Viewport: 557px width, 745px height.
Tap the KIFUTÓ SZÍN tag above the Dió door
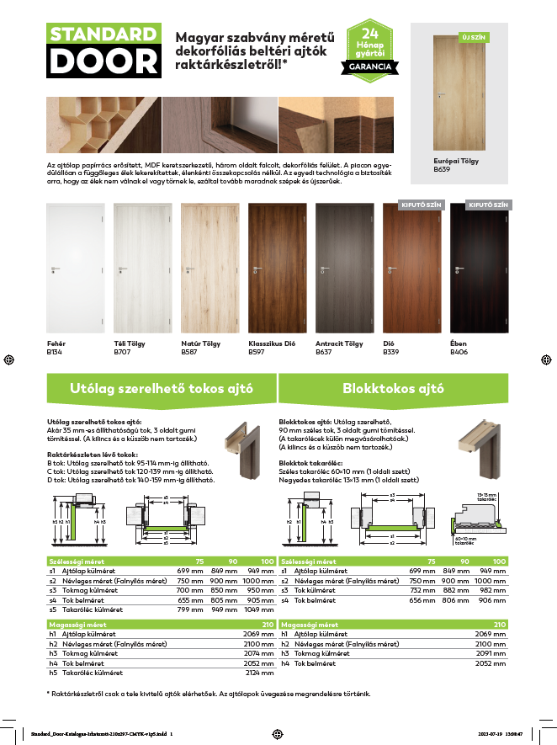(412, 205)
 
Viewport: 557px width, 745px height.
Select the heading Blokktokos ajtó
(393, 389)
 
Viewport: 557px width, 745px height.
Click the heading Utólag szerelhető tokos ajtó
(162, 389)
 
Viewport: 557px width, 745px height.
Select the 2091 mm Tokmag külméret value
(492, 652)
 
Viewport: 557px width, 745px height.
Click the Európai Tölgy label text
(457, 162)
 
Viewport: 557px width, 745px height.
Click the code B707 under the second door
(123, 352)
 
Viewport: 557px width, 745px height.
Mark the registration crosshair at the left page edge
(8, 359)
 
